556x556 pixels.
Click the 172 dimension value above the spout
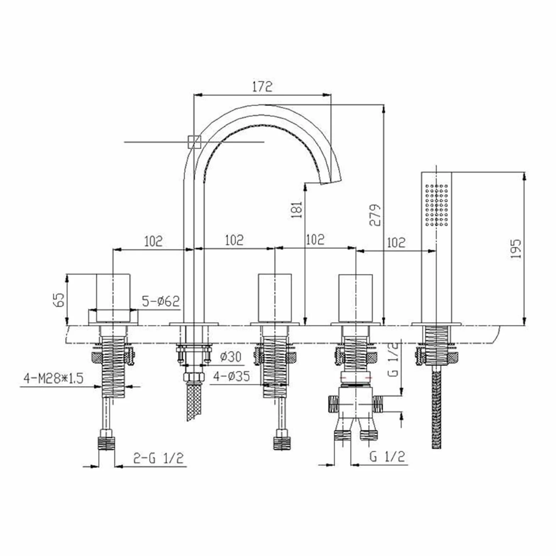coord(262,87)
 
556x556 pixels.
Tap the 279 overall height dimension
coord(375,215)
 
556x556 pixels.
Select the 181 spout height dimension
coord(296,209)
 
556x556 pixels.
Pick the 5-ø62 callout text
coord(161,301)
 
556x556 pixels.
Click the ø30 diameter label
coord(230,356)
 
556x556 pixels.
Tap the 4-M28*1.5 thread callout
coord(53,378)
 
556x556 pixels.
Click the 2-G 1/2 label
coord(158,458)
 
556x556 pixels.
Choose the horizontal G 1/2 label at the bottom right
coord(387,456)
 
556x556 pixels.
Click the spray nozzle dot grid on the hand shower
coord(436,205)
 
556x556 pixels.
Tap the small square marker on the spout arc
coord(194,142)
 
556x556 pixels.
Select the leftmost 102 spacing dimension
coord(153,241)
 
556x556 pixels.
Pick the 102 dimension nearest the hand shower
coord(396,243)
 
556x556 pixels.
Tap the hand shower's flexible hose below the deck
coord(437,408)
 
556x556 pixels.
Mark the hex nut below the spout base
coord(194,377)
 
